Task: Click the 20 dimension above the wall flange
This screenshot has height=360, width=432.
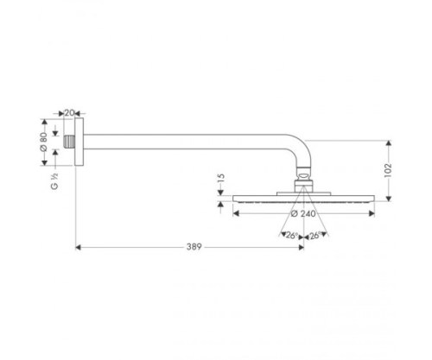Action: point(71,112)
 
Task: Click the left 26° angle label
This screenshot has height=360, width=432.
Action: point(290,235)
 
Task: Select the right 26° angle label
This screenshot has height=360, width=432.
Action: point(314,235)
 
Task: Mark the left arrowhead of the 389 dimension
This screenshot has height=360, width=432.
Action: point(80,247)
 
